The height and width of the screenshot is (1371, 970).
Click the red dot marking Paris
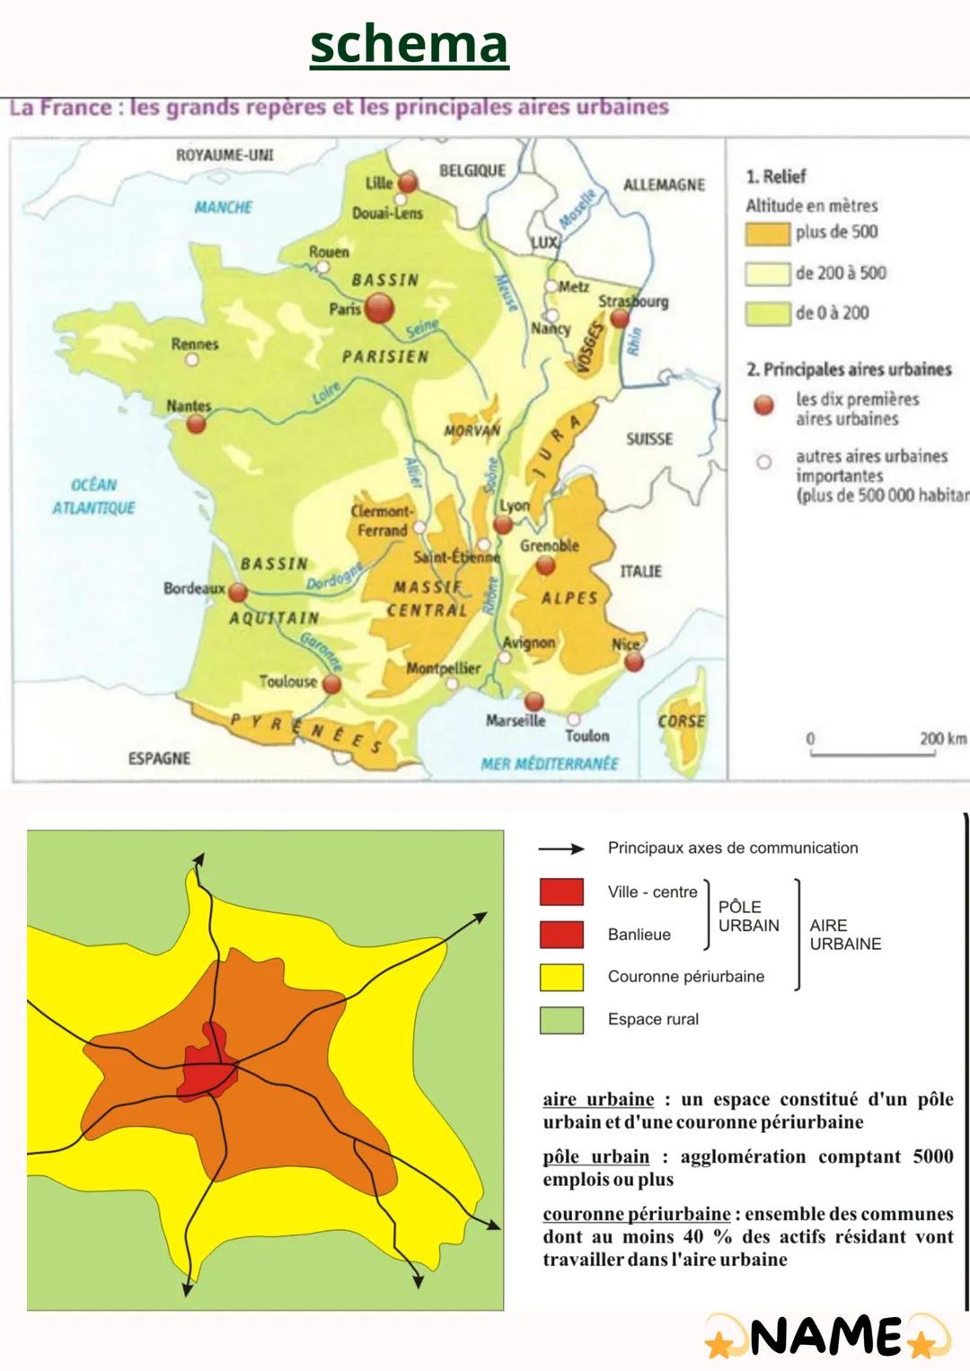tap(379, 310)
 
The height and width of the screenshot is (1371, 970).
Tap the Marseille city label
tap(516, 720)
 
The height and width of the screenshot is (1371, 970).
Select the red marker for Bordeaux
tap(238, 593)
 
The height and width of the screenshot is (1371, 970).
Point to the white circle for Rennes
tap(191, 359)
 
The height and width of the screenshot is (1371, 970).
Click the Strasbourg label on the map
tap(633, 302)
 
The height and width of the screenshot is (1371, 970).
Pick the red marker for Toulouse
tap(331, 685)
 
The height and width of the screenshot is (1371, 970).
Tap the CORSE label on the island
tap(681, 721)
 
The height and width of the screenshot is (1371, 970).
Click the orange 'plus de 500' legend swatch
tap(766, 233)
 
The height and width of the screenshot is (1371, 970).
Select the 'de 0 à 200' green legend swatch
tap(766, 313)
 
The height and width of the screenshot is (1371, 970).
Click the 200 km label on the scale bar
tap(942, 738)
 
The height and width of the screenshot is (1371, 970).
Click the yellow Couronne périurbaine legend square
tap(561, 977)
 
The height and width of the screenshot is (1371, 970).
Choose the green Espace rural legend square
tap(561, 1020)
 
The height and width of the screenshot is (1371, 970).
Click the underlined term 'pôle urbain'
tap(595, 1156)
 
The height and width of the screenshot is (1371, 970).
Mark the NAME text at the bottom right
tap(826, 1337)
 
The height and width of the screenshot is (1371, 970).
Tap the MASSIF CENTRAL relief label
tap(428, 599)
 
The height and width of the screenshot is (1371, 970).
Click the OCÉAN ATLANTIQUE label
tap(93, 496)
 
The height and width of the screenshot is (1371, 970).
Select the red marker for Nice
tap(634, 663)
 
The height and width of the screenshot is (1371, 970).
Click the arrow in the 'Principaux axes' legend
tap(561, 848)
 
